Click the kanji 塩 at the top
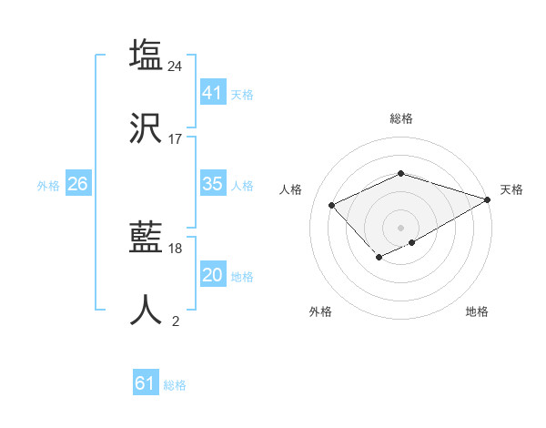click(x=147, y=55)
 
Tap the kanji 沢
click(x=147, y=128)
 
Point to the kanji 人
click(x=147, y=310)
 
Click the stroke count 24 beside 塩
click(x=176, y=66)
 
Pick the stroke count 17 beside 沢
click(x=176, y=139)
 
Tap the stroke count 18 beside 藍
click(x=176, y=249)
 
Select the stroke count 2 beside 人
click(x=176, y=321)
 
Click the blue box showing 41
click(x=212, y=93)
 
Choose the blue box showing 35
click(x=212, y=184)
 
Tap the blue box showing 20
click(x=212, y=275)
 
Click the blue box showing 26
click(x=77, y=184)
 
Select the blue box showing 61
click(x=145, y=383)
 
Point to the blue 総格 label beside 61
click(x=175, y=385)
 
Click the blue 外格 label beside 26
click(x=48, y=186)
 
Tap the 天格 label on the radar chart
click(x=511, y=189)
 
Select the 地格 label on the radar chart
click(x=477, y=312)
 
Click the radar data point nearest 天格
click(x=489, y=199)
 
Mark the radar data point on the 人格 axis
click(x=332, y=205)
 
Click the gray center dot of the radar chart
click(x=400, y=227)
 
